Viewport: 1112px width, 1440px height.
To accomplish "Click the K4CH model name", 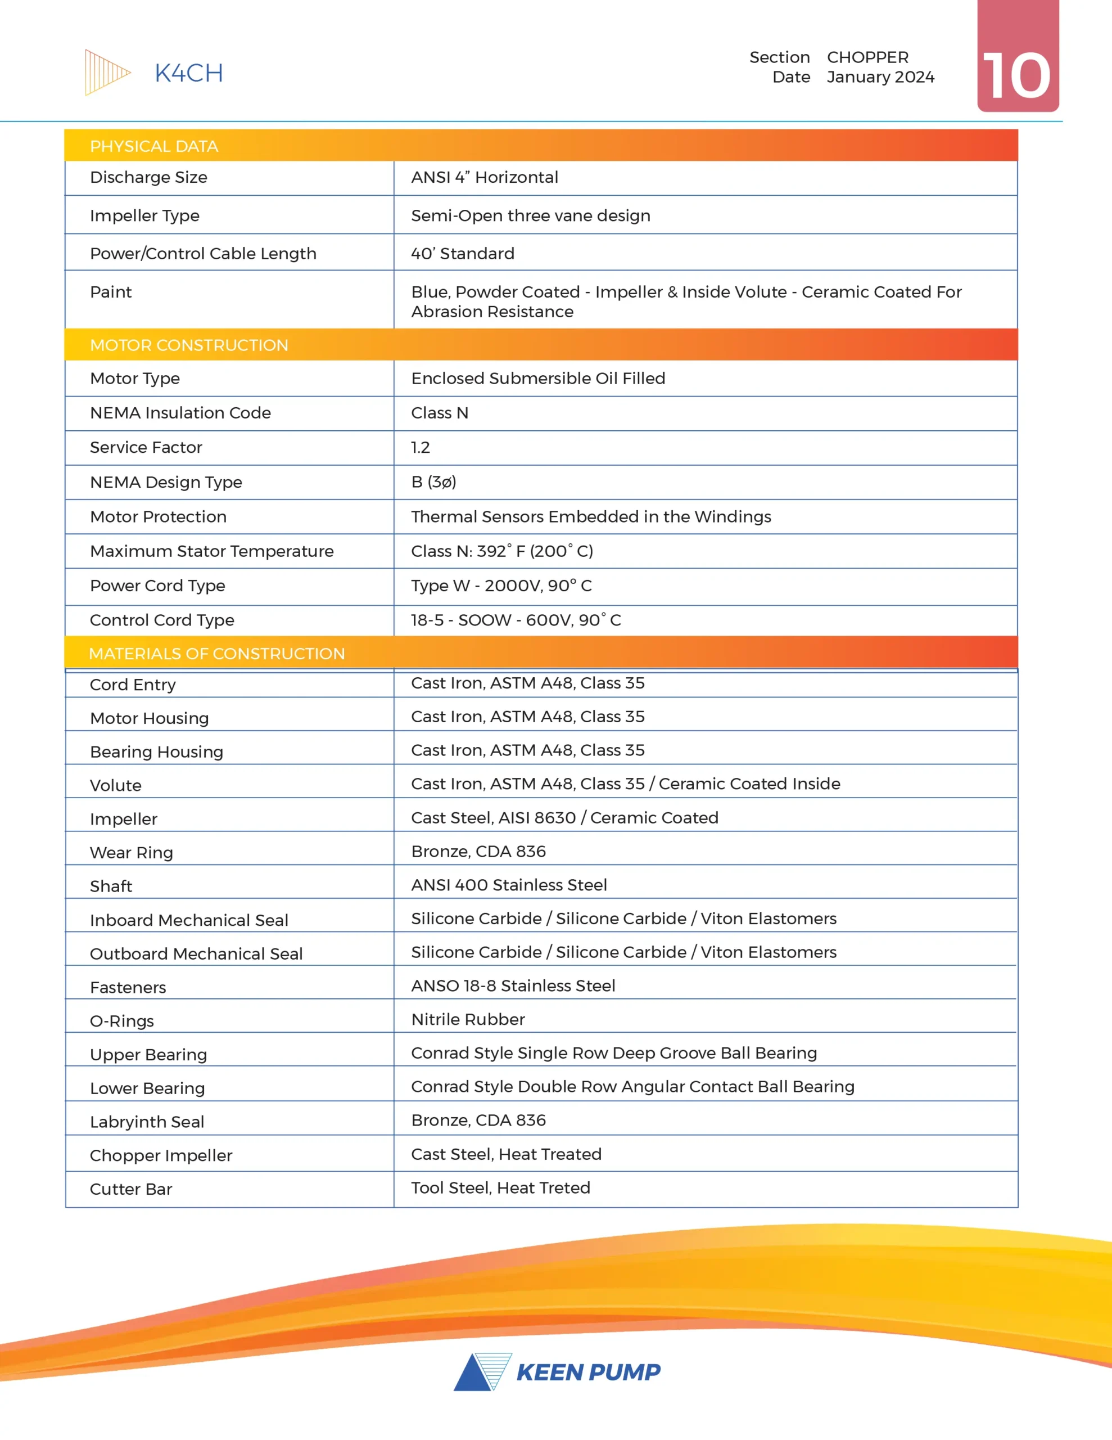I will [188, 73].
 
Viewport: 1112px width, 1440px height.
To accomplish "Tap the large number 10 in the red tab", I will [1016, 76].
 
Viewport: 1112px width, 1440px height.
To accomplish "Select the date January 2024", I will [880, 77].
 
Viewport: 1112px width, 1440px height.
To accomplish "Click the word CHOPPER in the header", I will [867, 57].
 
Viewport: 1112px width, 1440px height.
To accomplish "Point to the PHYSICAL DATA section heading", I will [153, 146].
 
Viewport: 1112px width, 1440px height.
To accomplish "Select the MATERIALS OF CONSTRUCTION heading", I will [216, 654].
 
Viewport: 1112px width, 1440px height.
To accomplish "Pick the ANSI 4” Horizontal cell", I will [485, 177].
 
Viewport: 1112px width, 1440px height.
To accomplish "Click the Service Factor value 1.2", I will [421, 448].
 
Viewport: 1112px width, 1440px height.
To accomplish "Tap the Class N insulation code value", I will [440, 413].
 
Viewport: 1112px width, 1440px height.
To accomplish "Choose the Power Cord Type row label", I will [157, 586].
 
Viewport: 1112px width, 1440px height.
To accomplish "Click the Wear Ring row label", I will [131, 853].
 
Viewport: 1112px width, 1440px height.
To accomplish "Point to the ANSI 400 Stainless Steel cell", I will [509, 885].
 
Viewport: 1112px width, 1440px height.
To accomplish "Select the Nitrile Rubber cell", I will [468, 1019].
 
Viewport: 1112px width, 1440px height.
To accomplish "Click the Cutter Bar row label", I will [130, 1190].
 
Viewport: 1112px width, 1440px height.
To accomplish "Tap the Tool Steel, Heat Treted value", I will [500, 1188].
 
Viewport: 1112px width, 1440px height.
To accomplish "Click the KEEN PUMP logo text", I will [588, 1372].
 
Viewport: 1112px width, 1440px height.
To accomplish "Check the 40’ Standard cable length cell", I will [463, 254].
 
